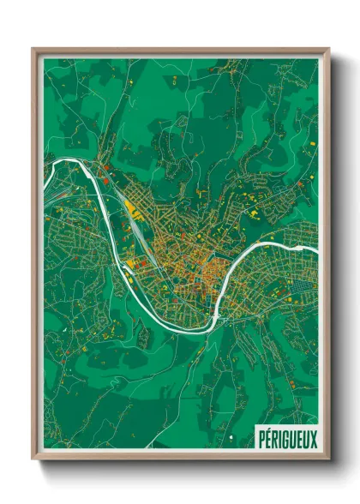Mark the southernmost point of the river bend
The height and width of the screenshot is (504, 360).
[201, 329]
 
